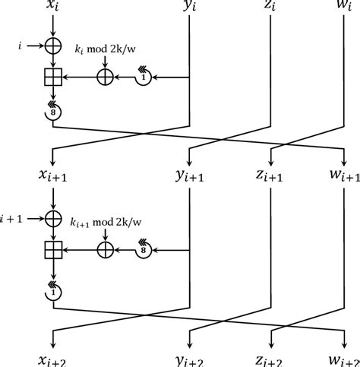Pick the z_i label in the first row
click(272, 9)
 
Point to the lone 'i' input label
click(19, 46)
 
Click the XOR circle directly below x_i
click(53, 46)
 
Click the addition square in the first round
click(53, 76)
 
